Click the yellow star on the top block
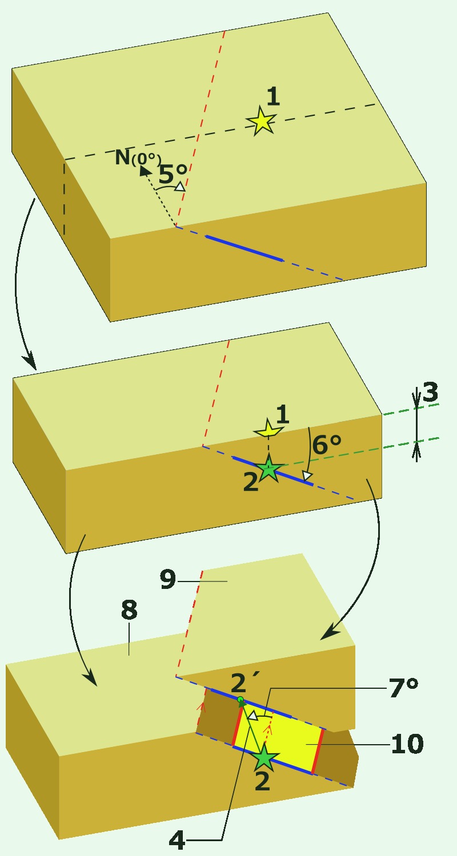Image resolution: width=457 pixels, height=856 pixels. click(x=262, y=121)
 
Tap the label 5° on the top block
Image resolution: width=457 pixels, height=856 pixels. click(x=173, y=174)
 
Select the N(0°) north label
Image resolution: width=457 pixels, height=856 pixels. click(x=138, y=157)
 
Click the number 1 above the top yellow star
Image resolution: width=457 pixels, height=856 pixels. click(x=272, y=96)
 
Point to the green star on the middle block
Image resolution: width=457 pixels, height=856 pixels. click(x=269, y=469)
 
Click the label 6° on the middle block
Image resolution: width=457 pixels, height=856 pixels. click(x=327, y=445)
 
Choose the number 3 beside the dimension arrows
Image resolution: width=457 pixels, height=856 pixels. click(x=430, y=392)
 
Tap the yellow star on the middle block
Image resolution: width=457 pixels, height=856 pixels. click(x=269, y=429)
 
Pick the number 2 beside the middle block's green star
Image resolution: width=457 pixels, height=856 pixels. click(x=251, y=482)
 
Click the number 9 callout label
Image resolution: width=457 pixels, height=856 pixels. click(x=168, y=579)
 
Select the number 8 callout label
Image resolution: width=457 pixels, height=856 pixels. click(x=129, y=609)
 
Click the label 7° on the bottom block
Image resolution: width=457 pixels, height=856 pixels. click(x=403, y=688)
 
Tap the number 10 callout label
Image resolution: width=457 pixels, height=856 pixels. click(x=407, y=744)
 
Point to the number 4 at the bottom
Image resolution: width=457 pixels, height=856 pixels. click(x=178, y=840)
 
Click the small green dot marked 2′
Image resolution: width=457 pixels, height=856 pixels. click(x=240, y=700)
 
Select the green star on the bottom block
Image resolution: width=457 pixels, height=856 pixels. click(x=264, y=757)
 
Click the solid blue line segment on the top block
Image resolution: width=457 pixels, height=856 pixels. click(x=244, y=248)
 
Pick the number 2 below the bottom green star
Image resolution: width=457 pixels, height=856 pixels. click(x=262, y=781)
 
